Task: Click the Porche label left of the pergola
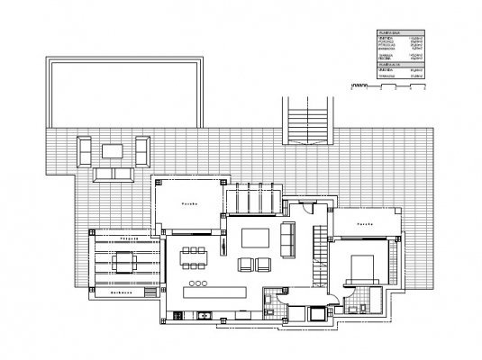(x=188, y=204)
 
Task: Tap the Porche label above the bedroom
(x=363, y=222)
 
